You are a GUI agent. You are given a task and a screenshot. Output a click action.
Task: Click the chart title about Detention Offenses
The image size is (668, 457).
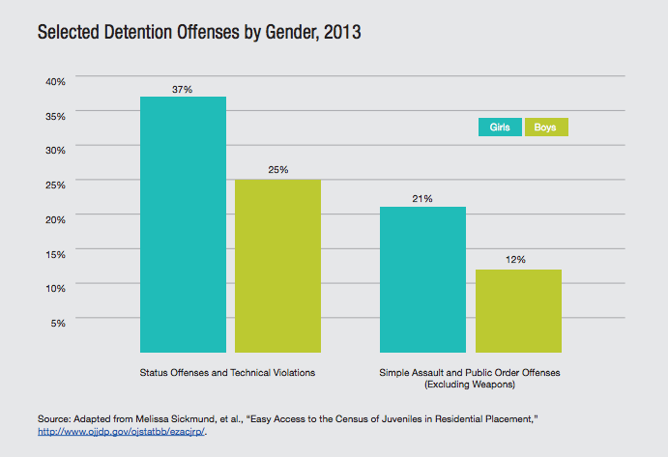[x=187, y=33]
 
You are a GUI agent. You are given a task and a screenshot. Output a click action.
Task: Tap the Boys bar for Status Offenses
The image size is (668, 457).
[x=278, y=266]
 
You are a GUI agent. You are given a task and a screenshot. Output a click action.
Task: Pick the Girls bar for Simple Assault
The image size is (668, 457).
[x=422, y=279]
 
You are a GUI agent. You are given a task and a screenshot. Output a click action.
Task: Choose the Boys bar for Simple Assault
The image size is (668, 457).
[x=518, y=310]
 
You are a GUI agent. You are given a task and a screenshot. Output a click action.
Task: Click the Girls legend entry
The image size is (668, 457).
[x=500, y=128]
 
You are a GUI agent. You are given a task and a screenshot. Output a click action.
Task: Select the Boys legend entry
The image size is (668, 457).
[x=545, y=128]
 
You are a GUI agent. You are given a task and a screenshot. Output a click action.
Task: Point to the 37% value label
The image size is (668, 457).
[x=182, y=89]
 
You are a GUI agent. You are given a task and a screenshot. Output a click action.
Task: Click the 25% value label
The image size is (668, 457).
[x=278, y=170]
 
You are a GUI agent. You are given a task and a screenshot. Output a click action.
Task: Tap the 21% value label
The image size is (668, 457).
[x=422, y=199]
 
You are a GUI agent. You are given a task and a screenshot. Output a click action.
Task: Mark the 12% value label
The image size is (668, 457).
[x=518, y=260]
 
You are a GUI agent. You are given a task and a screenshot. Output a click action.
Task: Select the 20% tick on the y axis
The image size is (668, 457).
[x=55, y=218]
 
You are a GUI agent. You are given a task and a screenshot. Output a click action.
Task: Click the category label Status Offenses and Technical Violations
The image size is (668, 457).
[x=228, y=372]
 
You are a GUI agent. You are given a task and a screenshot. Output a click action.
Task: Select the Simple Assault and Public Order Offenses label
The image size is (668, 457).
[x=471, y=372]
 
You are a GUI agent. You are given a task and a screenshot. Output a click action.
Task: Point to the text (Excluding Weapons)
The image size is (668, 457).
[x=471, y=385]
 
